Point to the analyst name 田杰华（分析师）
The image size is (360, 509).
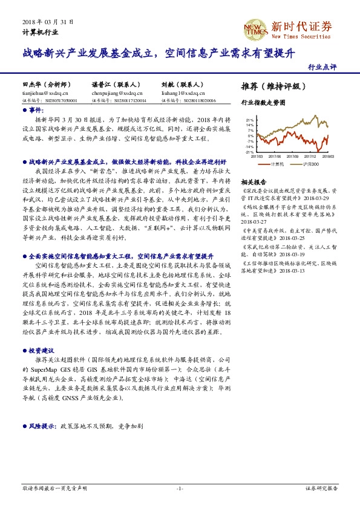(46, 85)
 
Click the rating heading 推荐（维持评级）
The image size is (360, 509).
(270, 86)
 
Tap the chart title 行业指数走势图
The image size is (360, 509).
(263, 103)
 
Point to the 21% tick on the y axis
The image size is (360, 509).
(250, 120)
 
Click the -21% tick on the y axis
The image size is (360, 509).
(249, 152)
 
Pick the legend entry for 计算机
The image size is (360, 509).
(277, 164)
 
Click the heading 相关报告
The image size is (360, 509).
(254, 182)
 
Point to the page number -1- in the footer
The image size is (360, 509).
(180, 488)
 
